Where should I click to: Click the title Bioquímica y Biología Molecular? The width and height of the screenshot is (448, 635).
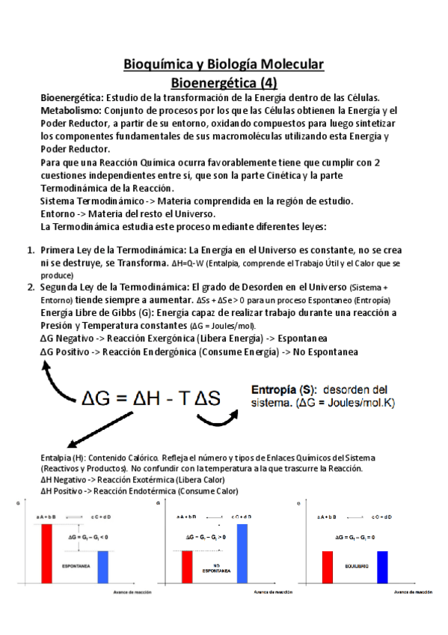[x=224, y=64]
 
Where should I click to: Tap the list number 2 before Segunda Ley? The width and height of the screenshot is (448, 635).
[x=31, y=288]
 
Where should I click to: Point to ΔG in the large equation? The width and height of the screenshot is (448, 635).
[x=97, y=398]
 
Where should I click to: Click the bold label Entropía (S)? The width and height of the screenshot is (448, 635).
[x=282, y=389]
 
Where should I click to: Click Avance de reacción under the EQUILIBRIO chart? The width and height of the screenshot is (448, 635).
[x=412, y=592]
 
